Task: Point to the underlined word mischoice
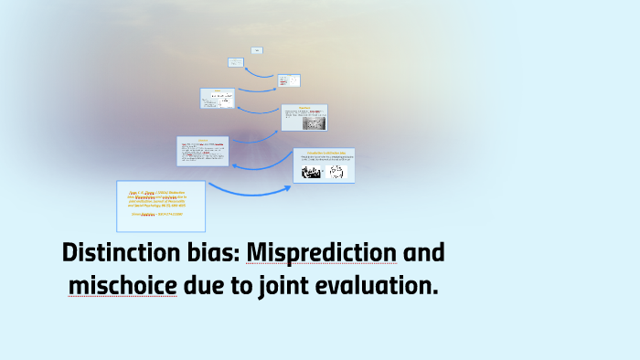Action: [x=123, y=286]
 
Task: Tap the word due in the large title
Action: [x=208, y=286]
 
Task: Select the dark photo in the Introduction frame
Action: [x=311, y=172]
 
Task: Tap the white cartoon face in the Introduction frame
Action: [x=338, y=172]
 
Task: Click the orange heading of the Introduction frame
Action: [x=323, y=152]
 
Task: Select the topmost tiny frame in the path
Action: [x=257, y=50]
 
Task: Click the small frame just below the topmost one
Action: [x=236, y=62]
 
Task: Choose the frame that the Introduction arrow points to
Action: [x=204, y=153]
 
